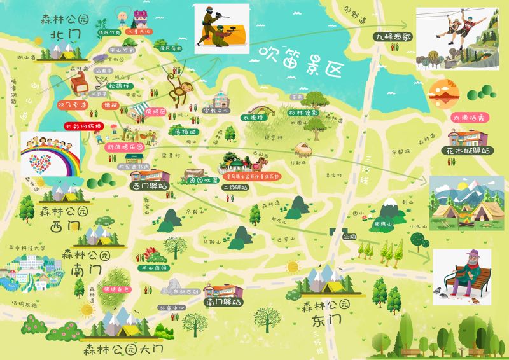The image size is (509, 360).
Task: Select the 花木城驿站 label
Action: [468, 151]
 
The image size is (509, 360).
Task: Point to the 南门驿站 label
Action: [223, 303]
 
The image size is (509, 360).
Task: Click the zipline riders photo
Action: [456, 38]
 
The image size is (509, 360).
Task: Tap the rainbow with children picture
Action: [51, 155]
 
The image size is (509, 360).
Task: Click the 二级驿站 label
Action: [236, 188]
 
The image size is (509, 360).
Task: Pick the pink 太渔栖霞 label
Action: [468, 118]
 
